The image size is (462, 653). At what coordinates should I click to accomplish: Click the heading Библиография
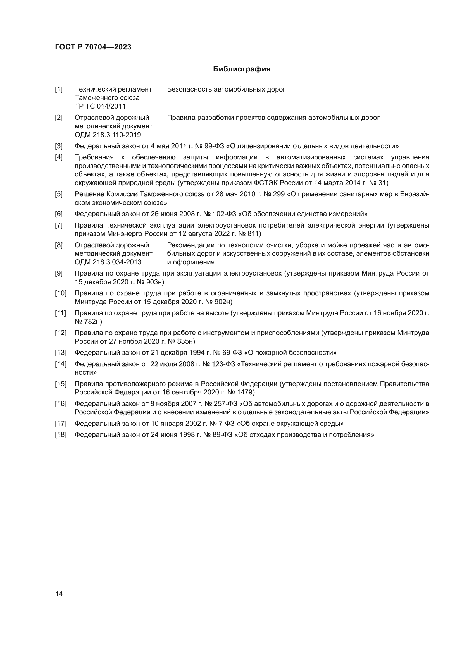tap(242, 69)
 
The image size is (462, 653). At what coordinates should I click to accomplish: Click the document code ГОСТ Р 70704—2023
tap(93, 47)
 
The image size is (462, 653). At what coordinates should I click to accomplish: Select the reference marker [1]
tap(59, 89)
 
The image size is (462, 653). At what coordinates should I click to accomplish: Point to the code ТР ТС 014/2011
tap(100, 106)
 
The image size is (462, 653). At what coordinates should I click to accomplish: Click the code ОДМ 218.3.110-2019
tap(108, 135)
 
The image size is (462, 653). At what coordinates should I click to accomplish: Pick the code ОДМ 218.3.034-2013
tap(108, 262)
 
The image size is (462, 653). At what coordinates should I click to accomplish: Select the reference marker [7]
tap(59, 225)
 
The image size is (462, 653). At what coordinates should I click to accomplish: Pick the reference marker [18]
tap(60, 435)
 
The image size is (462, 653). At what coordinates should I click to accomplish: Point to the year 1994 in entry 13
tap(197, 353)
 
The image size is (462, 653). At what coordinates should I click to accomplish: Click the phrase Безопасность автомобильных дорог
tap(226, 89)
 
